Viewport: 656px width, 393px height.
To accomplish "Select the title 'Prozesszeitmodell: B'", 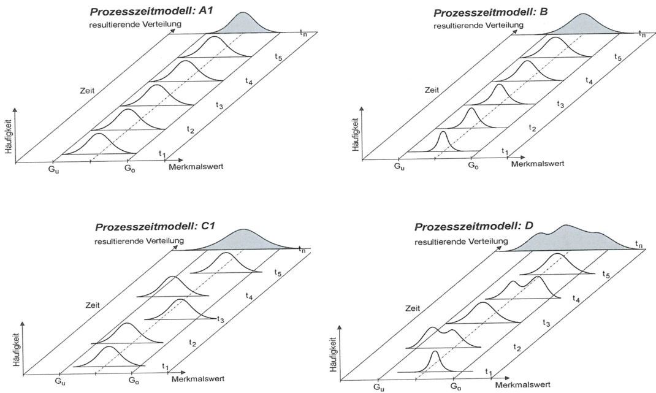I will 483,12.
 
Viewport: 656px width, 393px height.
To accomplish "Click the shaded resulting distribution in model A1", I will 245,24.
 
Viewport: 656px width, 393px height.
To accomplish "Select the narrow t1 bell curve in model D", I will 435,362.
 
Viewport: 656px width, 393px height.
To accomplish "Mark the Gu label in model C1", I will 59,381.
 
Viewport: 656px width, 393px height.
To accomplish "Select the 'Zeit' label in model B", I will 432,90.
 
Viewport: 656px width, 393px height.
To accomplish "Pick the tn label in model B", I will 642,34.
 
